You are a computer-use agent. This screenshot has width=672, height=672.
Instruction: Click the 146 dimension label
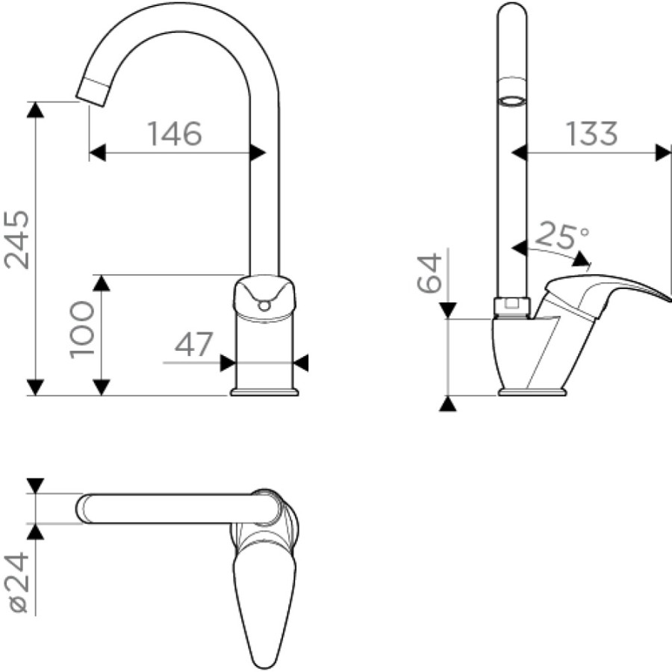[x=175, y=134]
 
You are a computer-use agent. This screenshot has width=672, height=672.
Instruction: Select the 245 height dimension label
[x=16, y=240]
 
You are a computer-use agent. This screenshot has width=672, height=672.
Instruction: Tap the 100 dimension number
[x=81, y=329]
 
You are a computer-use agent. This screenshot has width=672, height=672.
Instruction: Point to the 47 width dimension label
[x=193, y=343]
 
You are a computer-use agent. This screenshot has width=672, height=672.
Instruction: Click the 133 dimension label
[x=592, y=134]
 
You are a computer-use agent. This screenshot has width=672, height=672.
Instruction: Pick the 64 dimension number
[x=429, y=273]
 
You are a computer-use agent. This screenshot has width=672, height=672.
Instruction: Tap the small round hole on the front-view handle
[x=265, y=305]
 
